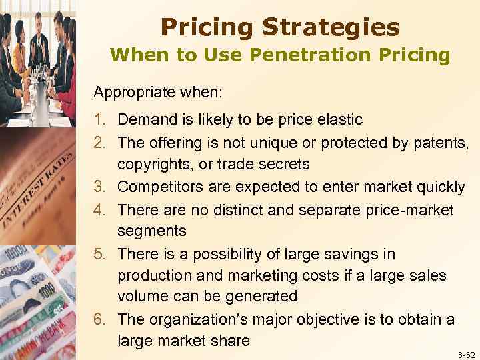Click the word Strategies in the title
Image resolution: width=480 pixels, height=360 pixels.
point(331,27)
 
